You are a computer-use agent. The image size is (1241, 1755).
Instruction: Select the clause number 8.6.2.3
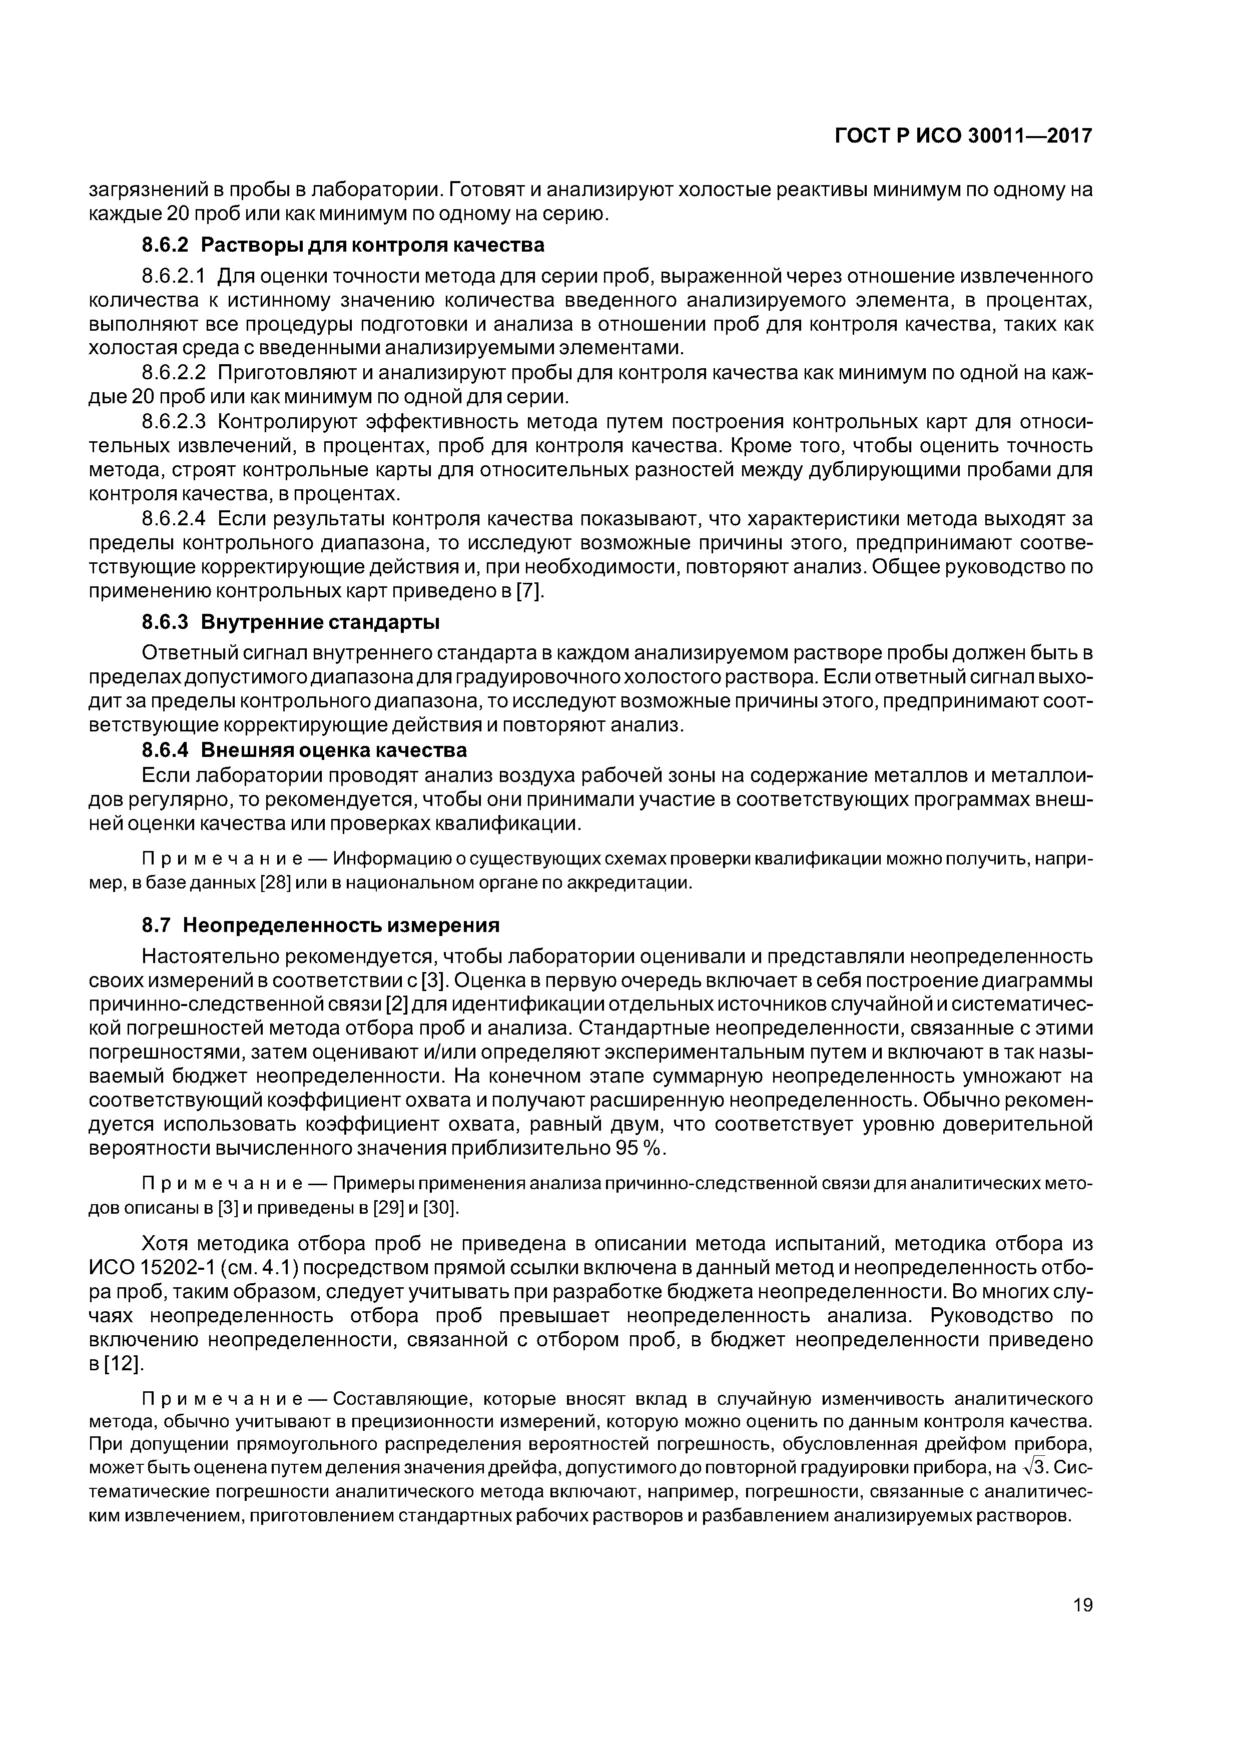(x=175, y=422)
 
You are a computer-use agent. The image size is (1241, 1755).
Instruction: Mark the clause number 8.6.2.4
(x=175, y=520)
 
